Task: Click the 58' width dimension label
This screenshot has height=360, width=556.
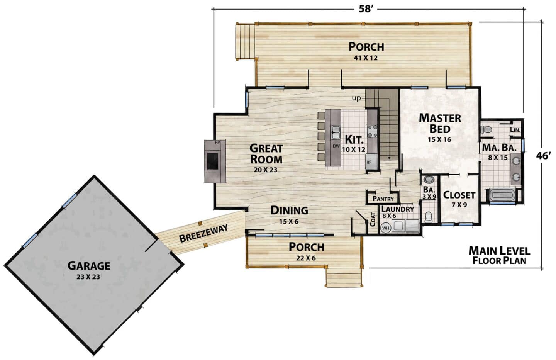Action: coord(366,9)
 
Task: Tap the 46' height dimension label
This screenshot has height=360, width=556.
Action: coord(544,156)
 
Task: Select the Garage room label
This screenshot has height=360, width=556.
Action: coord(89,266)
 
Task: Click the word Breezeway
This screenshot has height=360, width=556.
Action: coord(203,233)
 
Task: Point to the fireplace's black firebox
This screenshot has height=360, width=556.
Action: coord(212,161)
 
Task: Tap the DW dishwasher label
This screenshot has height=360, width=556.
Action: coord(336,146)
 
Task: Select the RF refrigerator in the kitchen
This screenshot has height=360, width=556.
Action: coord(371,161)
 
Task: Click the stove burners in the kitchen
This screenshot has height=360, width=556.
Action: coord(372,131)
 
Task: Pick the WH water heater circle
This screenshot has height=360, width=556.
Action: coord(385,228)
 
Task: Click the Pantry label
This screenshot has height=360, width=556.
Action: coord(383,199)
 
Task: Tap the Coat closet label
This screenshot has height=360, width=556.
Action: coord(373,219)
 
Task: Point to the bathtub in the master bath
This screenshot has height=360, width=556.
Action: coord(502,195)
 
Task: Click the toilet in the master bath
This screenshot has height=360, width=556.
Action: coord(486,129)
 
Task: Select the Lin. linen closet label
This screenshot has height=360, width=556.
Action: coord(515,130)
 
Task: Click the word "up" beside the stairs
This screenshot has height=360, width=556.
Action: coord(356,98)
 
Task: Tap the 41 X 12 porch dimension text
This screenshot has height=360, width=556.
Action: coord(366,58)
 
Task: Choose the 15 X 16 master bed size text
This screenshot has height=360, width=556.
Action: coord(439,139)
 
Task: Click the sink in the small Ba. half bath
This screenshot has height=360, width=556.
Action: coord(428,179)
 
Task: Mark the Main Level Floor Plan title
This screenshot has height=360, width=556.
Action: coord(499,256)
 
